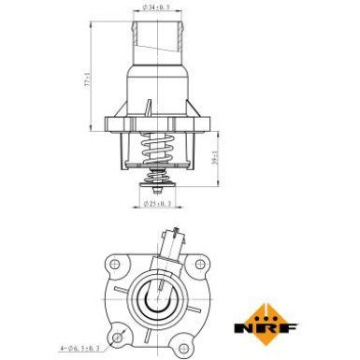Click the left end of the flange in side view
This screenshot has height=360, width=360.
tap(109, 122)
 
